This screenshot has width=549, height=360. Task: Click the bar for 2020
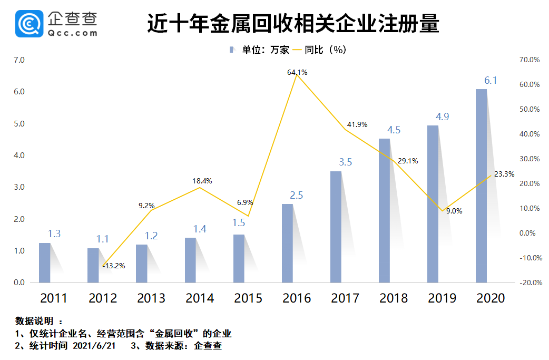pos(481,186)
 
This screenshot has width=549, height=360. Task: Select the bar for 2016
pos(287,243)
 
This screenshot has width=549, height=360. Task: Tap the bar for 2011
pos(45,262)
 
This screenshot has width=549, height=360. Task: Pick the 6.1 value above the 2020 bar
pos(491,81)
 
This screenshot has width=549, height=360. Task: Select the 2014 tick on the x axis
pos(200,298)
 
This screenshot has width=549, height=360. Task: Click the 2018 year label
pos(394,298)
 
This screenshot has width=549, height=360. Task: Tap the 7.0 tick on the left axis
pos(19,60)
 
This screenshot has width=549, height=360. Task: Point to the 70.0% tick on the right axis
pos(530,60)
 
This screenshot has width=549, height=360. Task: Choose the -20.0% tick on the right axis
pos(528,283)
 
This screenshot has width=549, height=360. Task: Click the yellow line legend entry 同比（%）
pos(318,50)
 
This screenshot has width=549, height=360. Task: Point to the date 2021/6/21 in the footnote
pos(92,346)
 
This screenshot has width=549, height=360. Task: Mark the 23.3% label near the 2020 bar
pos(504,174)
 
